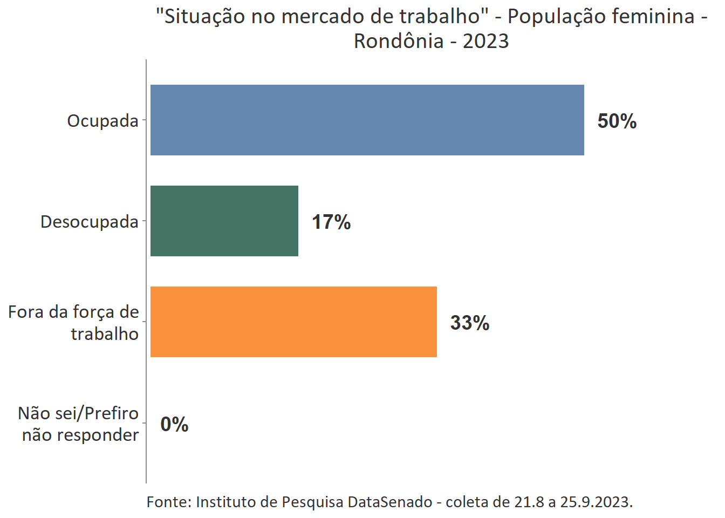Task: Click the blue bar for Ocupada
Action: coord(367,120)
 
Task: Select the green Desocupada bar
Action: coord(224,221)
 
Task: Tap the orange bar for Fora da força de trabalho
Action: coord(293,322)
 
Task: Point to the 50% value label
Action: coord(617,121)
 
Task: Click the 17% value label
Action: coord(331,222)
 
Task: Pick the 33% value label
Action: coord(470,323)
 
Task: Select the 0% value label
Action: coord(174,424)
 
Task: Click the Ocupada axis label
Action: coord(102,121)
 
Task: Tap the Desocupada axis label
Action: coord(89,222)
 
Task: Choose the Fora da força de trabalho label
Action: coord(74,323)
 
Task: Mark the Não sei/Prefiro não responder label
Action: coord(79,424)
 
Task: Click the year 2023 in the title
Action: coord(485,41)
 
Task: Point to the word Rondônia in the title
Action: coord(398,41)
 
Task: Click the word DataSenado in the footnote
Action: coord(389,502)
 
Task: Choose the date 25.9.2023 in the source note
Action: coord(595,502)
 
